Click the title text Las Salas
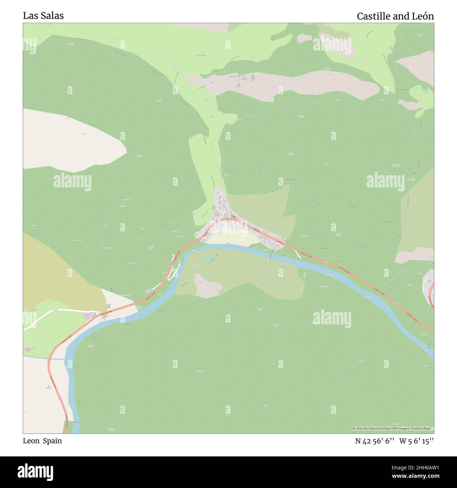pyautogui.click(x=43, y=16)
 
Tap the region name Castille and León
pyautogui.click(x=395, y=16)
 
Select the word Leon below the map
pyautogui.click(x=31, y=441)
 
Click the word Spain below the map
pyautogui.click(x=52, y=441)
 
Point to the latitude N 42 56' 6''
pyautogui.click(x=375, y=441)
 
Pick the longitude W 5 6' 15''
pyautogui.click(x=417, y=441)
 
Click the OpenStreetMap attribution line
pyautogui.click(x=393, y=428)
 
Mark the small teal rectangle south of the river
pyautogui.click(x=208, y=258)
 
